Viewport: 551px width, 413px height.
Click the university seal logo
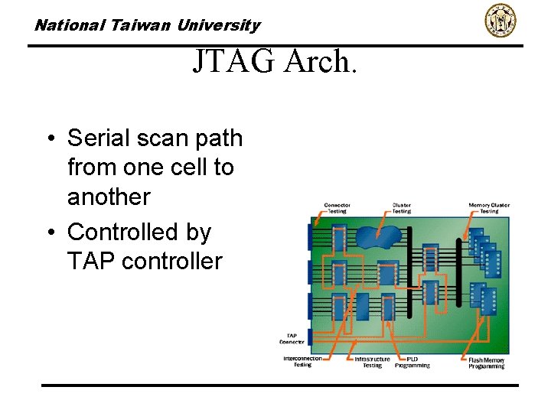pyautogui.click(x=500, y=21)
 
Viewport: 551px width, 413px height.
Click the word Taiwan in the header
pyautogui.click(x=142, y=25)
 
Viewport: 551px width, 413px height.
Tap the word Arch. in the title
pyautogui.click(x=321, y=61)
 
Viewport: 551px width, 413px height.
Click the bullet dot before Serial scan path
pyautogui.click(x=49, y=139)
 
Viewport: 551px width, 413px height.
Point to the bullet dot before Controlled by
pyautogui.click(x=49, y=233)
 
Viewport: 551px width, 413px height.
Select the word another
pyautogui.click(x=109, y=197)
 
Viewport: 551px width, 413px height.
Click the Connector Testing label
pyautogui.click(x=337, y=208)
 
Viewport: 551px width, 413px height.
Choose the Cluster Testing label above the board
pyautogui.click(x=402, y=208)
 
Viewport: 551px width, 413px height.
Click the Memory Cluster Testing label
pyautogui.click(x=489, y=208)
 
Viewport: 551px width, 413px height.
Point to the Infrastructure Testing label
pyautogui.click(x=372, y=362)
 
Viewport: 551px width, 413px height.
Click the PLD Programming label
pyautogui.click(x=412, y=362)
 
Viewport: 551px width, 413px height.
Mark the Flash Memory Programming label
pyautogui.click(x=487, y=363)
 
